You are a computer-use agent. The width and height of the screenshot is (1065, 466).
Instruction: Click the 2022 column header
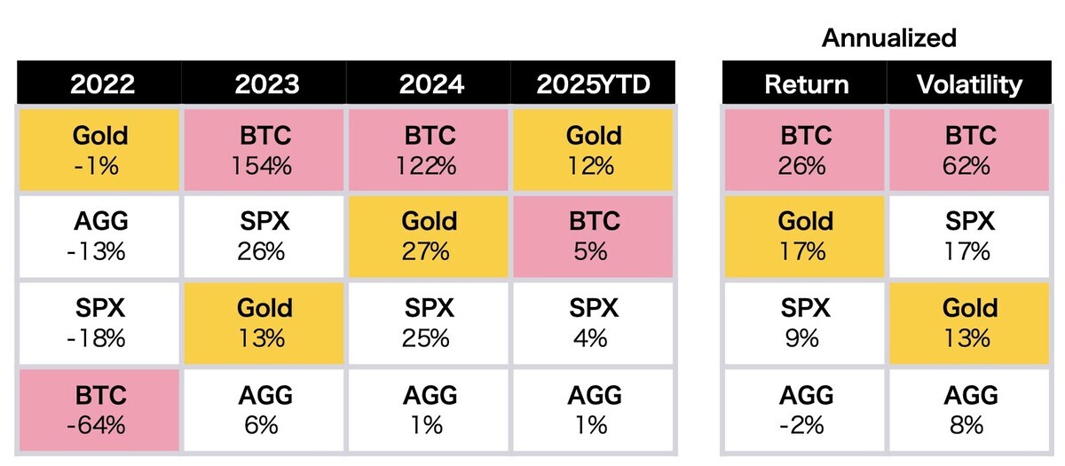tap(99, 83)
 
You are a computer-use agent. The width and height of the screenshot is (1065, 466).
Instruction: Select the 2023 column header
tap(264, 83)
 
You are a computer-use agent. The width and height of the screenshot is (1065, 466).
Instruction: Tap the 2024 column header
tap(429, 83)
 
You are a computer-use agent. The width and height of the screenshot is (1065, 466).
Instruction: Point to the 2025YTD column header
tap(593, 83)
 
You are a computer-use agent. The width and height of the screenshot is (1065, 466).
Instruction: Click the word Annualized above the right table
tap(888, 38)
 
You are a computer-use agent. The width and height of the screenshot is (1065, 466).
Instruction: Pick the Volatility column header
tap(969, 83)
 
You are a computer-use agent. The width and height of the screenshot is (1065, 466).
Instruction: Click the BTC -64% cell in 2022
tap(99, 410)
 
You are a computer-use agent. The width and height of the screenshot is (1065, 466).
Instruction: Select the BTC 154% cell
tap(264, 150)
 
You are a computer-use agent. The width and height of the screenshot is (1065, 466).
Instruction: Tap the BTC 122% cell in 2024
tap(429, 150)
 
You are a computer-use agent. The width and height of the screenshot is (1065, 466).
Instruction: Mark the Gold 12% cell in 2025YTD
tap(594, 150)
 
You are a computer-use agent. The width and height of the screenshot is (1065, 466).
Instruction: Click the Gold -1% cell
tap(99, 150)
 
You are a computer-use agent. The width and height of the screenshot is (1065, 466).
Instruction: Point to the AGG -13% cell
tap(99, 236)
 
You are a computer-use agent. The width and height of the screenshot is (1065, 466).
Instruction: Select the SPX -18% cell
tap(99, 323)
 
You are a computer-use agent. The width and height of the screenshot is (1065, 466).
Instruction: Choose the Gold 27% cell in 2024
tap(429, 236)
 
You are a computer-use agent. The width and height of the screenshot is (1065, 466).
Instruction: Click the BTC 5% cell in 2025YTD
tap(594, 236)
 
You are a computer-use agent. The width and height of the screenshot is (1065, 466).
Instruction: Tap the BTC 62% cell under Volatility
tap(969, 150)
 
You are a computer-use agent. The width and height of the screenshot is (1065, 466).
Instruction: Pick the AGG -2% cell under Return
tap(804, 410)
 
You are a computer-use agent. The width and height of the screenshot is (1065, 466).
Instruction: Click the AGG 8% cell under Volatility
tap(969, 410)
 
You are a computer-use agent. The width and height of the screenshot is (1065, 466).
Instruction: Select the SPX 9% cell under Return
tap(804, 323)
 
